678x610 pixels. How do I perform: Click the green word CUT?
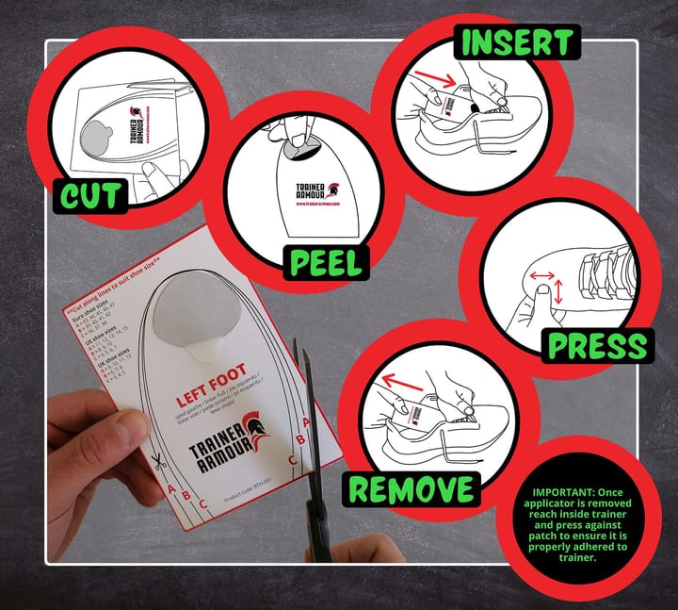pyautogui.click(x=90, y=195)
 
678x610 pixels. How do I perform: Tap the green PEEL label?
pyautogui.click(x=326, y=261)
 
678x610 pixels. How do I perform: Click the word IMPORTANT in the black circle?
pyautogui.click(x=564, y=492)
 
